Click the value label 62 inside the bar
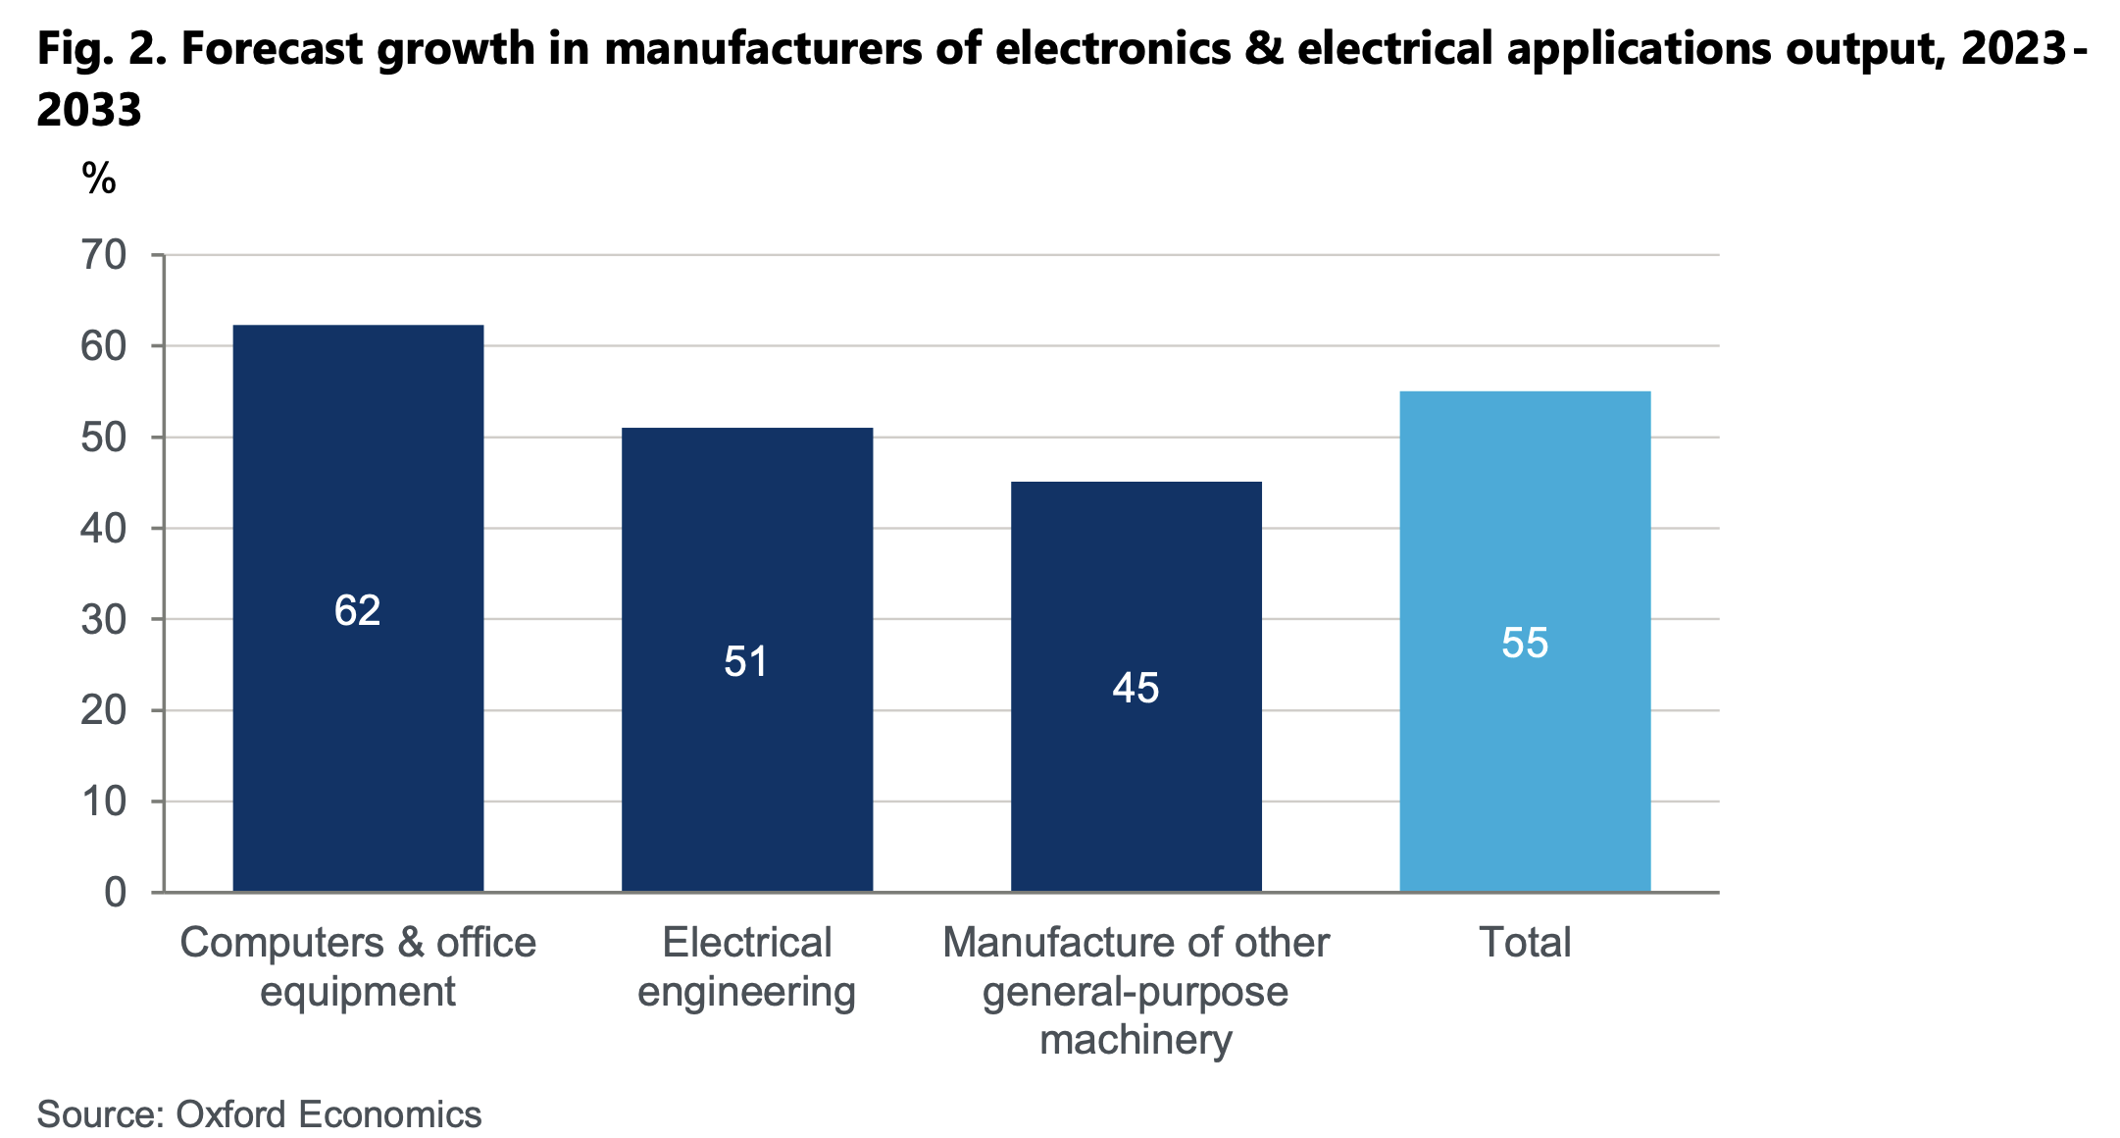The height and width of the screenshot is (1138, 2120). click(x=357, y=611)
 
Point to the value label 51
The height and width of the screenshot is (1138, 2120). click(x=746, y=662)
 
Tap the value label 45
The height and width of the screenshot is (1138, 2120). click(x=1136, y=689)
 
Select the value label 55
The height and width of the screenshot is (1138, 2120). click(x=1525, y=644)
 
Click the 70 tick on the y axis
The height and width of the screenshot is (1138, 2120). click(x=104, y=256)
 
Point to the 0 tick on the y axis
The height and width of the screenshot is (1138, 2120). click(x=116, y=893)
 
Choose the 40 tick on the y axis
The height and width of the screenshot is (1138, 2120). click(x=104, y=529)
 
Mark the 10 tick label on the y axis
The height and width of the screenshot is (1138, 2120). click(x=104, y=802)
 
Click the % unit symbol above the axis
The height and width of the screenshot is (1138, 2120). click(x=99, y=180)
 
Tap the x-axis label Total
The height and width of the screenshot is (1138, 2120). click(x=1525, y=943)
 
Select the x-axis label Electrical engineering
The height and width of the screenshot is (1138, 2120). click(x=747, y=967)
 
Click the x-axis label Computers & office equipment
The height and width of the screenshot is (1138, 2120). click(x=358, y=967)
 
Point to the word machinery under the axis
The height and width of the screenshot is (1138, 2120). click(x=1136, y=1040)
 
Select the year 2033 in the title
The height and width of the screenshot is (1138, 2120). click(x=89, y=110)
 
